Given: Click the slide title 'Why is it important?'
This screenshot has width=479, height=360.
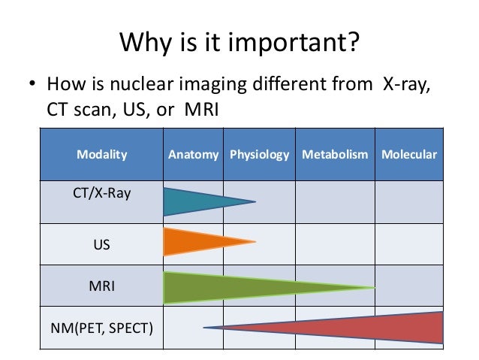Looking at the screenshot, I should pos(239,42).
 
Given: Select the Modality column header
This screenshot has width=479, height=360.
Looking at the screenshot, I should pos(102,155).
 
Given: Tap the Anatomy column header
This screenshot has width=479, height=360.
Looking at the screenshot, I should pos(193,155).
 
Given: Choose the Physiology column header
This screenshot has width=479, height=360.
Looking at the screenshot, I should pos(259,155).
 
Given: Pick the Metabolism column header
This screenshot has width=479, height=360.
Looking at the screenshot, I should pos(335,155).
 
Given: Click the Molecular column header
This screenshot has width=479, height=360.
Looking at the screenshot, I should pos(409,155).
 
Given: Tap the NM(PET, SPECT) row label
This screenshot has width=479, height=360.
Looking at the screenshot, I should pos(102,328).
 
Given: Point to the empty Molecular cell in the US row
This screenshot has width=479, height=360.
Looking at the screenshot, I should pos(409,244).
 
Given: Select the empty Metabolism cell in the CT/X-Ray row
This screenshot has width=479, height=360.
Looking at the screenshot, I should pos(335,201).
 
